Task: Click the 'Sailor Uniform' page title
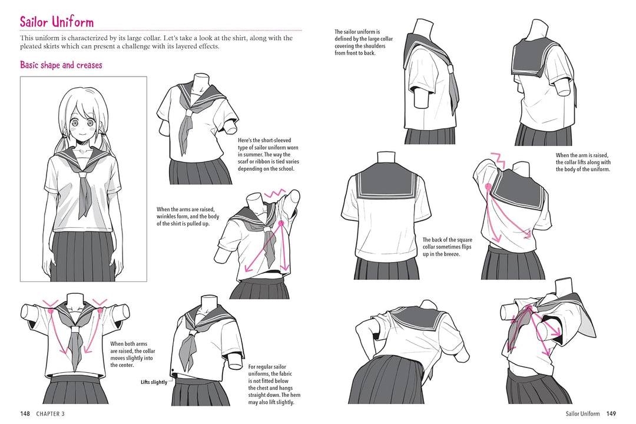[57, 22]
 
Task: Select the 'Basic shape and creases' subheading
[61, 65]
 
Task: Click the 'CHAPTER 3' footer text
[50, 413]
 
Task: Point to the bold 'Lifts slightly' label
[154, 382]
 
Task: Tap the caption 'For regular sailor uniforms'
[271, 384]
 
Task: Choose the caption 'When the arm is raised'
[583, 163]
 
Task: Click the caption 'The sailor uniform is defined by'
[363, 42]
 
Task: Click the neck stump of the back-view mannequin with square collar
[385, 160]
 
